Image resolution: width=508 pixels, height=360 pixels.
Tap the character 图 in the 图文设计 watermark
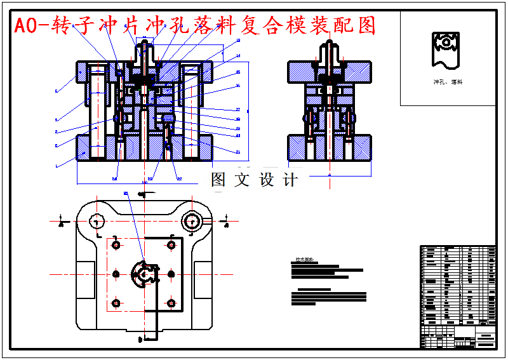(218, 180)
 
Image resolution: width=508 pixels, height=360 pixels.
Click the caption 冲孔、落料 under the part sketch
(448, 82)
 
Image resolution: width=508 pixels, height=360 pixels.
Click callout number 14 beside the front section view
(238, 56)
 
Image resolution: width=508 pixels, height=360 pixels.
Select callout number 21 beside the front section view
(238, 152)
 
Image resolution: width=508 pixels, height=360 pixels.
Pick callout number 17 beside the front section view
(238, 109)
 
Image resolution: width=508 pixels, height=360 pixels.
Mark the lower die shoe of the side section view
(329, 147)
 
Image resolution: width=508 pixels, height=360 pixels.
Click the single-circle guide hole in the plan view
(97, 221)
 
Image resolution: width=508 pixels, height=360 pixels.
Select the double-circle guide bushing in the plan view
(191, 221)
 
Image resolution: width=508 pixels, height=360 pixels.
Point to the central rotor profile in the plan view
(144, 274)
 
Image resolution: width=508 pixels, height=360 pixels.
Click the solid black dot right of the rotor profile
(171, 274)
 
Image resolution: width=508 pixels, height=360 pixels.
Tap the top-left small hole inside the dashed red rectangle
(116, 245)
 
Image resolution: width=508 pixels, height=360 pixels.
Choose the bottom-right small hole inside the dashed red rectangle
(171, 303)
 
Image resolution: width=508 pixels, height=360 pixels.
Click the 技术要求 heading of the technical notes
(304, 260)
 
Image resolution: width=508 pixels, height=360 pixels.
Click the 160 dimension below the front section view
(144, 182)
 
